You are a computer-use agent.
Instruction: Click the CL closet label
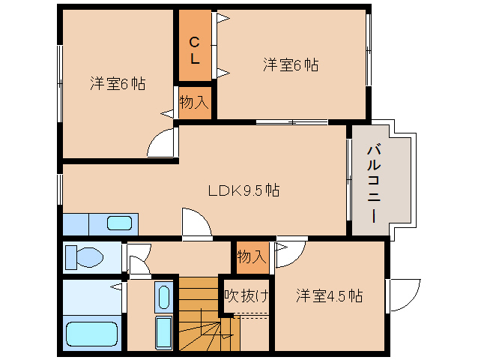click(195, 50)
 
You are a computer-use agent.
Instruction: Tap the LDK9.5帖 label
click(243, 190)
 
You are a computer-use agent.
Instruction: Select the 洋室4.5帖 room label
click(329, 295)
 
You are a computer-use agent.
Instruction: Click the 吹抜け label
click(246, 295)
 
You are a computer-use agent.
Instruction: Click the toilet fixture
click(84, 257)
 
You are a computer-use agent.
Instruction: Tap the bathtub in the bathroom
click(91, 334)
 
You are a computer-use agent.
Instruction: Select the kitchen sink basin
click(120, 223)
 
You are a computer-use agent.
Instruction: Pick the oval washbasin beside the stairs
click(164, 297)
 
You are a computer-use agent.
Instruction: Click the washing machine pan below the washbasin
click(164, 332)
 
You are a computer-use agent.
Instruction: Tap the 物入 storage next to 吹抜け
click(252, 257)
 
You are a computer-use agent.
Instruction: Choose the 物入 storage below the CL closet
click(195, 102)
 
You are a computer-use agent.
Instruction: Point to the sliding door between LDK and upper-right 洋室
click(291, 122)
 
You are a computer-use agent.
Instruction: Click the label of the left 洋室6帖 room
click(118, 83)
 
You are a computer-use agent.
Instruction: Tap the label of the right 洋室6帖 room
click(291, 65)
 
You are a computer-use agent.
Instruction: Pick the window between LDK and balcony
click(349, 180)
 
